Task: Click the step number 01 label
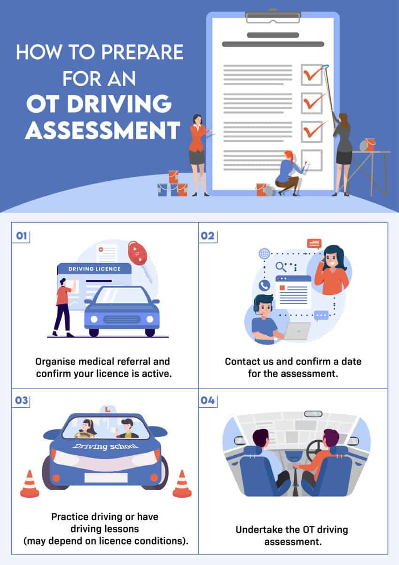click(x=21, y=235)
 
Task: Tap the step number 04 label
click(x=208, y=401)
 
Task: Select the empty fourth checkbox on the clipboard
click(x=312, y=160)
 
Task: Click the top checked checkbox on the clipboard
click(x=312, y=75)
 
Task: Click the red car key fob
click(x=137, y=254)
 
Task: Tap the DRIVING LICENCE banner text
click(x=94, y=269)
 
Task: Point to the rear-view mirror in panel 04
click(x=313, y=414)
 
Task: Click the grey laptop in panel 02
click(x=297, y=331)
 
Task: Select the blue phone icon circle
click(x=264, y=285)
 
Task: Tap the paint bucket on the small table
click(x=370, y=144)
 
